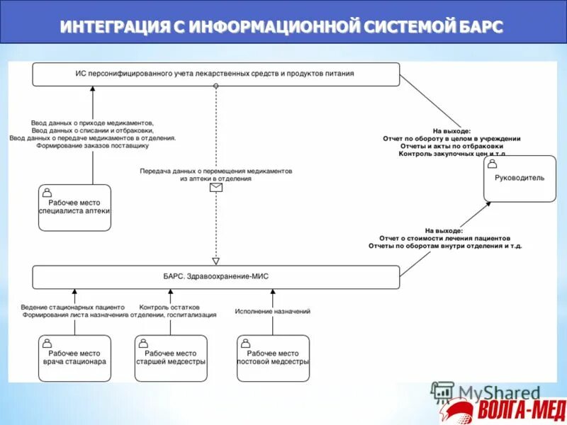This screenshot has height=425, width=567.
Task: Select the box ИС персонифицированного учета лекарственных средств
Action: tap(215, 74)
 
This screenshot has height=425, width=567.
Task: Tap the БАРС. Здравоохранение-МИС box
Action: tap(215, 277)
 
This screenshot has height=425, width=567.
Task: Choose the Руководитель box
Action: tap(520, 178)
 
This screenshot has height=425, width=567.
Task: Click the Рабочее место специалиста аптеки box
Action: tap(74, 208)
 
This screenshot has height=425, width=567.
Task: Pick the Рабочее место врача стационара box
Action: tap(74, 358)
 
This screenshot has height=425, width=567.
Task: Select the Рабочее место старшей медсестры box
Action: tap(171, 358)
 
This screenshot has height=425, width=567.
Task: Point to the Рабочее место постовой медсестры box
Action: tap(273, 358)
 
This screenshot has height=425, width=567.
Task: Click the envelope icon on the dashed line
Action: tap(215, 188)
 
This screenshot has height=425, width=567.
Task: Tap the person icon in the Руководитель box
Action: tap(493, 164)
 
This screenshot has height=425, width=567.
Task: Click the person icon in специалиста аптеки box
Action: tap(47, 192)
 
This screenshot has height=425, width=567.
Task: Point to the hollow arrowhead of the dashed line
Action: tap(215, 260)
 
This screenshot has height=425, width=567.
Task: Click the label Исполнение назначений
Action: tap(273, 312)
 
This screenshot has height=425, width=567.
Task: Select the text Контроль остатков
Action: tap(164, 307)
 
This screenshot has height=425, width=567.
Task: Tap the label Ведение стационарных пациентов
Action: tap(73, 307)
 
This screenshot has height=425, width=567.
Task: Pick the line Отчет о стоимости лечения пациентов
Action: tap(444, 238)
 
